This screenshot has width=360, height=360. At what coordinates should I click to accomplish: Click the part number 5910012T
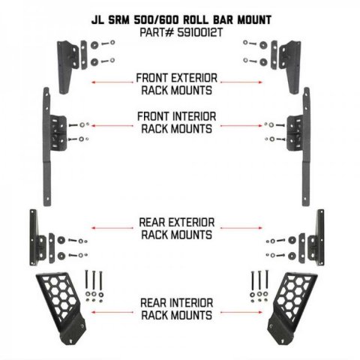click(199, 33)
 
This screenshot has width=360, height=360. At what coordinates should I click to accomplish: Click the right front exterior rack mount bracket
click(290, 67)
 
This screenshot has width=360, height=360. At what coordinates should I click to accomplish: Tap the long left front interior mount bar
click(47, 147)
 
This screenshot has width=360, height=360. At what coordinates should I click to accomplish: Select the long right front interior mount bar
click(306, 147)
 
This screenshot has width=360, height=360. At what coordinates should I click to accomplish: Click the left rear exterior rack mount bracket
click(37, 238)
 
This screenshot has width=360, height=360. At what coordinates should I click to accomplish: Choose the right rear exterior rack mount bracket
click(316, 238)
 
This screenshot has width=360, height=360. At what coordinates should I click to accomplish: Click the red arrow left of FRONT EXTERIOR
click(112, 82)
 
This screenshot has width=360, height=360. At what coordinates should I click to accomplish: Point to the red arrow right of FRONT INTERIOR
click(241, 125)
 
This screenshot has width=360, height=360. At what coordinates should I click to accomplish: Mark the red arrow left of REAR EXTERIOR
click(112, 228)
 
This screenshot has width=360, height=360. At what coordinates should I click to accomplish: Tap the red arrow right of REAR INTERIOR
click(241, 312)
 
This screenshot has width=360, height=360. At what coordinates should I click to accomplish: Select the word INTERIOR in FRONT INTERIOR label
click(194, 116)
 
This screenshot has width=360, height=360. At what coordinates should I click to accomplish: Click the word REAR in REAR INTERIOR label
click(153, 303)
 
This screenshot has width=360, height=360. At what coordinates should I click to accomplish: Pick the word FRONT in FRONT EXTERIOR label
click(152, 78)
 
